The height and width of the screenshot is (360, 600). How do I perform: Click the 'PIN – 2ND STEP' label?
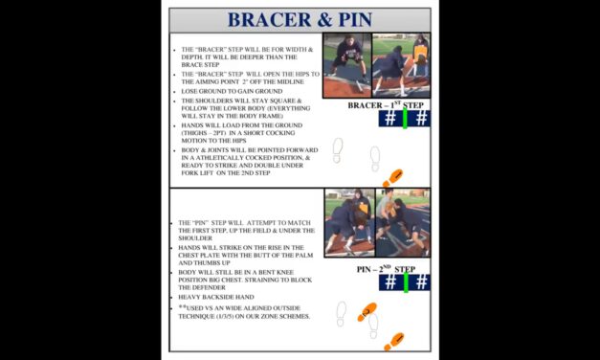pyautogui.click(x=387, y=269)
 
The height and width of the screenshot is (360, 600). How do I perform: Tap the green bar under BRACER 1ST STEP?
pyautogui.click(x=405, y=119)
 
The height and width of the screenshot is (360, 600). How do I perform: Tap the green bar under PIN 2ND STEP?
pyautogui.click(x=405, y=282)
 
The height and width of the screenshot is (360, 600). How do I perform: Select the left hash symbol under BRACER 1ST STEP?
pyautogui.click(x=389, y=119)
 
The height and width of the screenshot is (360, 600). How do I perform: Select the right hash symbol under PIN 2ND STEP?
pyautogui.click(x=421, y=282)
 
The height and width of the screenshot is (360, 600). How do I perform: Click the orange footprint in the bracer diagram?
pyautogui.click(x=392, y=178)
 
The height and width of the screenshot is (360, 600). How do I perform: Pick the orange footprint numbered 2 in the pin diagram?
pyautogui.click(x=367, y=312)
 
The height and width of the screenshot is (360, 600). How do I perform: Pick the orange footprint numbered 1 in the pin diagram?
pyautogui.click(x=393, y=340)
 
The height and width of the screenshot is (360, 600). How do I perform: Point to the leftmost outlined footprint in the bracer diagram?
pyautogui.click(x=338, y=148)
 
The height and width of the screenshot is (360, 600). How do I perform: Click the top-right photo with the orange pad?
pyautogui.click(x=403, y=65)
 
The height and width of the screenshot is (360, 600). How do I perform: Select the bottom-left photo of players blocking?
pyautogui.click(x=349, y=227)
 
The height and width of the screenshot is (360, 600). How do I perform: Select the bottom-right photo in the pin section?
pyautogui.click(x=403, y=227)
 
